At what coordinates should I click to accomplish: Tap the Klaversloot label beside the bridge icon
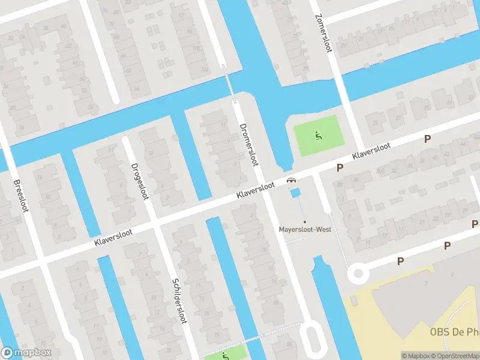(256, 191)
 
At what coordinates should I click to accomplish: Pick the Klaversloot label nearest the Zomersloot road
(372, 151)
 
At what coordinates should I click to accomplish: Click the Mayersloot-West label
(305, 229)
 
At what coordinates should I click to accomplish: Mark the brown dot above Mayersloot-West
(305, 222)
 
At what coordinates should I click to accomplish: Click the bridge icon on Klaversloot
(292, 180)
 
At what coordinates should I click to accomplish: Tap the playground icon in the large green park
(317, 135)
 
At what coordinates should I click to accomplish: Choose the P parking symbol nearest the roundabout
(400, 261)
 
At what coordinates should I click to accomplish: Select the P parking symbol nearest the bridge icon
(340, 168)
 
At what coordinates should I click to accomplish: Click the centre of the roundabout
(359, 274)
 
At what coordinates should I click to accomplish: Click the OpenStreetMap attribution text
(454, 356)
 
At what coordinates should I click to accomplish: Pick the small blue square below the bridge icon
(295, 192)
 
